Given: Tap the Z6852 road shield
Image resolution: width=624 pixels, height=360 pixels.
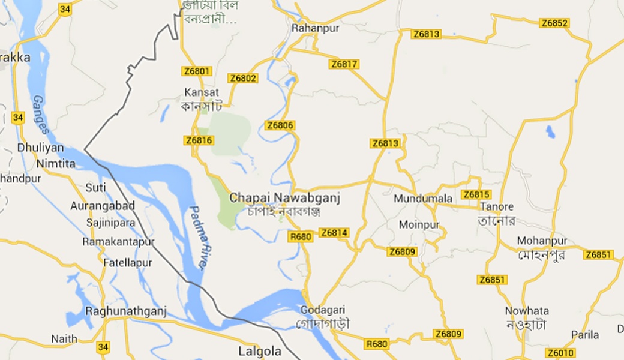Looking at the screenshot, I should point(554,23).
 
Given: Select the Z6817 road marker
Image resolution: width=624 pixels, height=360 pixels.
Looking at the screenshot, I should point(344,64).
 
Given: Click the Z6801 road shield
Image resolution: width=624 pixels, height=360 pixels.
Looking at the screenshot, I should point(197,71).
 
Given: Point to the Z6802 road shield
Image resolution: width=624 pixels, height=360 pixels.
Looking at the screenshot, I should point(243,79).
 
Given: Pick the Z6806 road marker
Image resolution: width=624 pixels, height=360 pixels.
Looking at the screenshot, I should point(280,125).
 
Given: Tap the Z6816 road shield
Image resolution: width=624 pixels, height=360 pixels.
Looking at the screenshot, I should point(199,140).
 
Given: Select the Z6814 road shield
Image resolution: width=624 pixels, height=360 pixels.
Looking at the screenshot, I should point(334,233).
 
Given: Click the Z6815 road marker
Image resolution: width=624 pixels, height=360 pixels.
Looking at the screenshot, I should point(476,194).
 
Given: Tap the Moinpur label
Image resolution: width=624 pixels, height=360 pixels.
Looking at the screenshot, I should point(419,225).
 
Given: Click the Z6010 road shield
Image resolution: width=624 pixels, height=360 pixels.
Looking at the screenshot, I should point(560,353).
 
